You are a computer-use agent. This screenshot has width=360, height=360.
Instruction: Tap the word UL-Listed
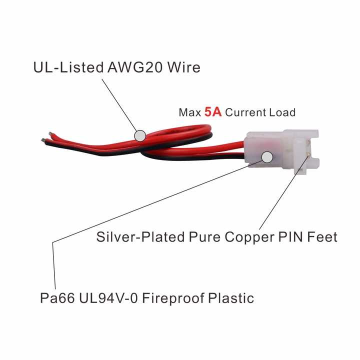tap(68, 67)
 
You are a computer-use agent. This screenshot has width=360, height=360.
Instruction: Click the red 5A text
tap(213, 112)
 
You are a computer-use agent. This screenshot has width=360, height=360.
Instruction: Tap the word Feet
tap(320, 236)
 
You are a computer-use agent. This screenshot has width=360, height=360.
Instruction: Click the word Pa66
tap(56, 298)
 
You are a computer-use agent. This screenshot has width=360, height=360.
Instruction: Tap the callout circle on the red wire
tap(140, 135)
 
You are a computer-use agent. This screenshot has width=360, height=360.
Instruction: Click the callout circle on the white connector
tap(267, 157)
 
